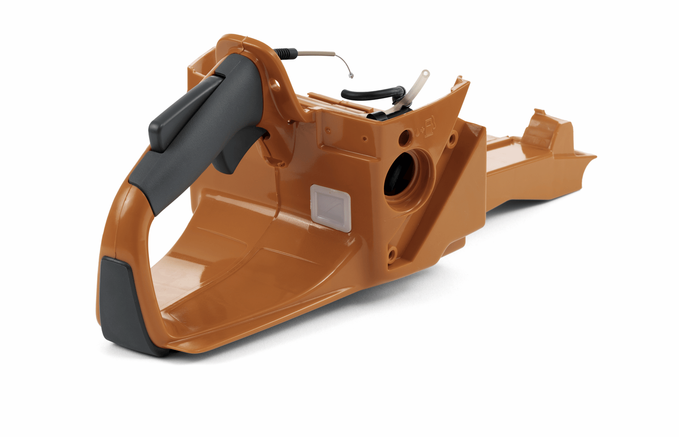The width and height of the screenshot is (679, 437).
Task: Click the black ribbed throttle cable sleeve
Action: point(285,53)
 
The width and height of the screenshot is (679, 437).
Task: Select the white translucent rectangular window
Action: point(331,207)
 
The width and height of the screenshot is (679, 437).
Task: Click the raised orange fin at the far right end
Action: point(545,125)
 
